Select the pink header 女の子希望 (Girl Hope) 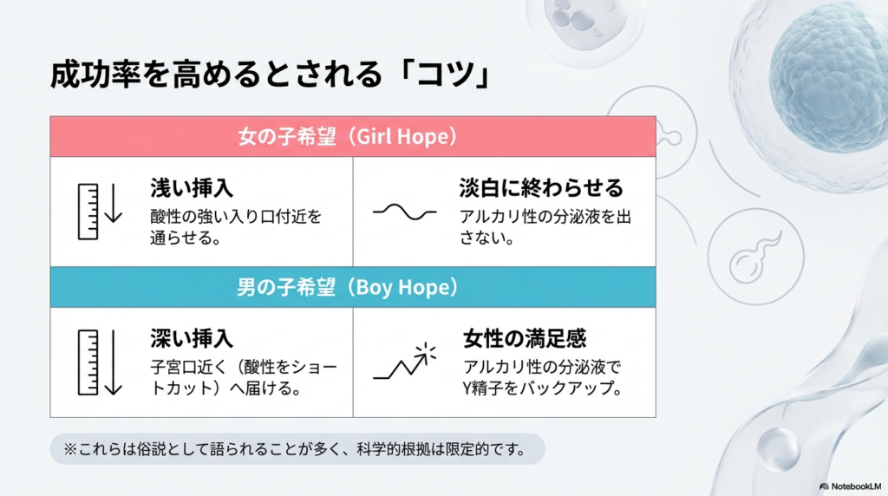pos(353,137)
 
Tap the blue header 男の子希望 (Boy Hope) pos(353,287)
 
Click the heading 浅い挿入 pos(192,188)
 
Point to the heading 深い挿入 pos(192,338)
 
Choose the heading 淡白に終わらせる pos(542,188)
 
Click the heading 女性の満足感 pos(526,338)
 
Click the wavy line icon pos(405,212)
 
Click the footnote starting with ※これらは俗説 pos(296,449)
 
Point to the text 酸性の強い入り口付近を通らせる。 pos(236,226)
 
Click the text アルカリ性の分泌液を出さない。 pos(545,226)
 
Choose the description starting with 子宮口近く pos(244,377)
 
